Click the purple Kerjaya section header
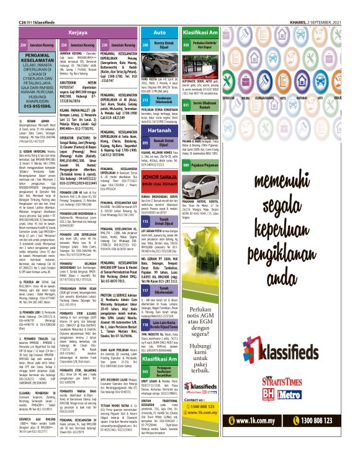pos(78,32)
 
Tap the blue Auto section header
pos(160,32)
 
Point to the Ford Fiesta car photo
pos(160,66)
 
